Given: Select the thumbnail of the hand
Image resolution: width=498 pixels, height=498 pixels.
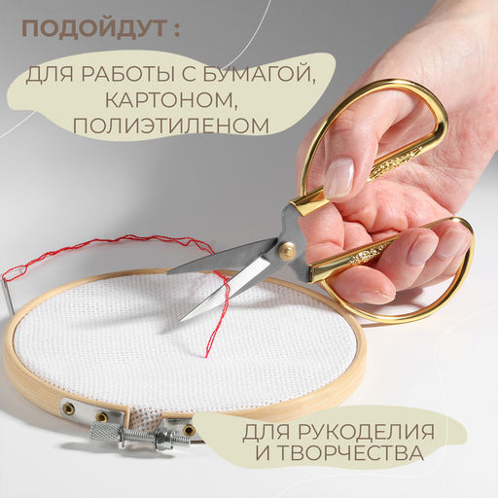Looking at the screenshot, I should (338, 177).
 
